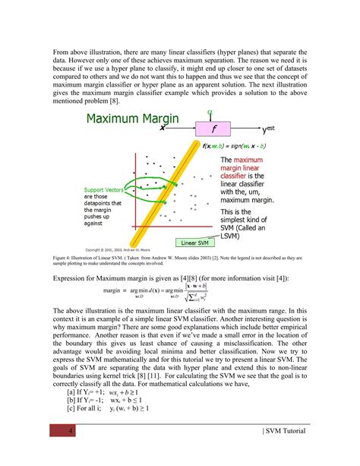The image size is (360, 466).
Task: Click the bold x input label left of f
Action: (163, 128)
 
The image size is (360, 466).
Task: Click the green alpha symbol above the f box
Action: (210, 112)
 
